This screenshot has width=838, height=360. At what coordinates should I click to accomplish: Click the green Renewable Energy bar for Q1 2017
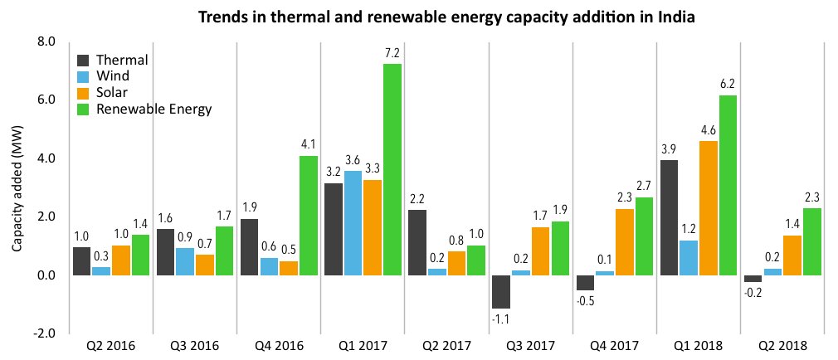(392, 169)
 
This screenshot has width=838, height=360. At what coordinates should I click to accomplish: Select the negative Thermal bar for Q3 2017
(500, 292)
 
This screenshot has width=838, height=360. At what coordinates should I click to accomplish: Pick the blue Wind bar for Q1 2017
(353, 223)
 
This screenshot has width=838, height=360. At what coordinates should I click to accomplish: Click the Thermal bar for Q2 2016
(82, 261)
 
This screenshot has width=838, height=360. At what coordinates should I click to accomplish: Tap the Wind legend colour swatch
(84, 76)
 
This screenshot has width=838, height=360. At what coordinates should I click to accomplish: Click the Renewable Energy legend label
(153, 109)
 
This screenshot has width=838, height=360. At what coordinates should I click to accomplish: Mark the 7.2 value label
(392, 53)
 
